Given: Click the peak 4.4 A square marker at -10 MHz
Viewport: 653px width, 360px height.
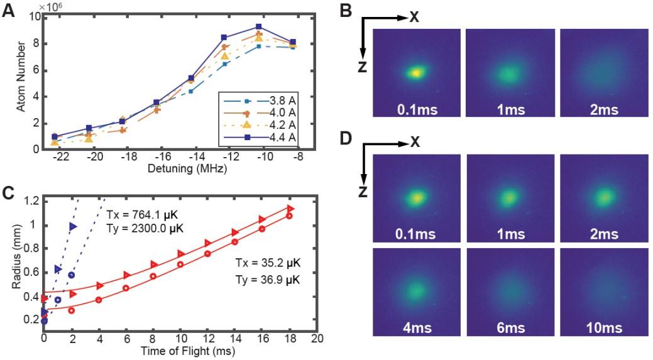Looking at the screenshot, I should [x=258, y=27].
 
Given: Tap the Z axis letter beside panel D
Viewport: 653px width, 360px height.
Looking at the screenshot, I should [x=363, y=191].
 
